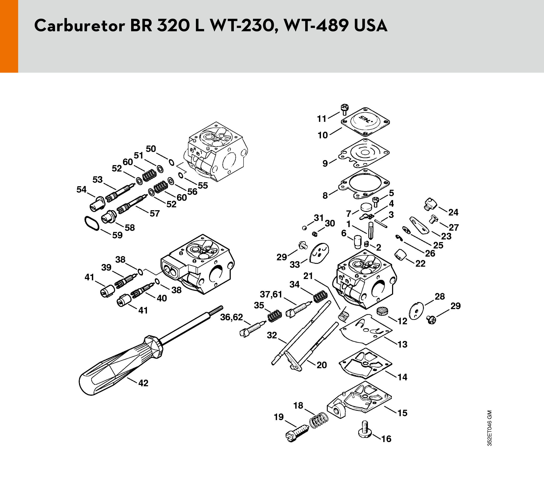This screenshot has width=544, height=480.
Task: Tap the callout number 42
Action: click(x=143, y=383)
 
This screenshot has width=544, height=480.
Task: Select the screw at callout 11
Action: click(x=345, y=108)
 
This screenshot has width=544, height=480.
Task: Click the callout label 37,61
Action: click(x=271, y=295)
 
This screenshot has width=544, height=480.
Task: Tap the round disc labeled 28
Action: click(x=416, y=310)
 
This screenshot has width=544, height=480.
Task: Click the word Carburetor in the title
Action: click(x=80, y=26)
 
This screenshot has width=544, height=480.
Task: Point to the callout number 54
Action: click(x=81, y=190)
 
